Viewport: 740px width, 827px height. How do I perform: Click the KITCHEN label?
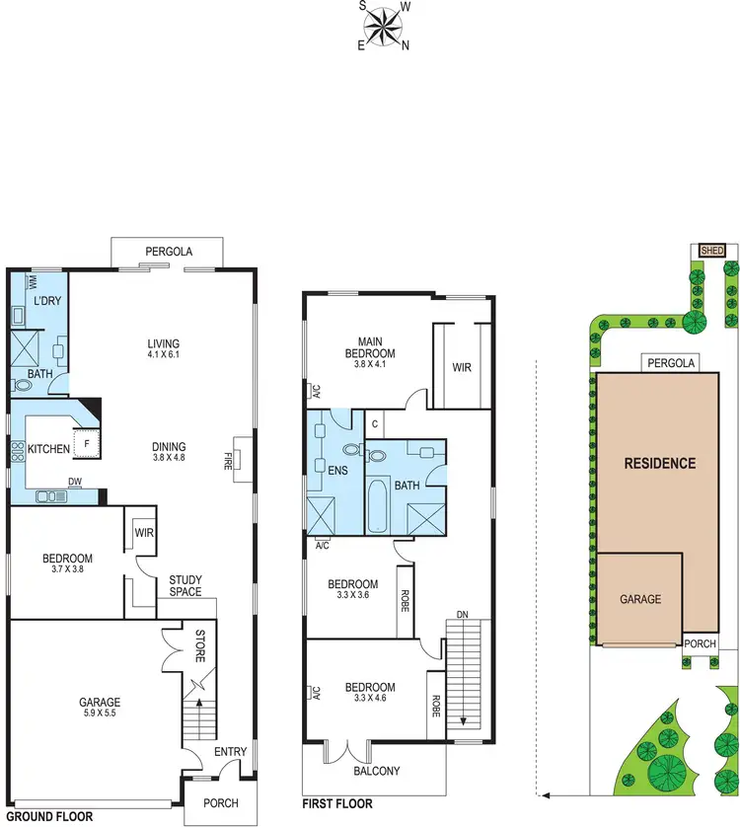click(x=48, y=449)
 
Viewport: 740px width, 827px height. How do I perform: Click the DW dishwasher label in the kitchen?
click(x=75, y=482)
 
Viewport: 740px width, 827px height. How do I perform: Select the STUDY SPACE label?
click(x=185, y=586)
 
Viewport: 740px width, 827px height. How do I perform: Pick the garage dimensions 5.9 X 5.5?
click(x=101, y=715)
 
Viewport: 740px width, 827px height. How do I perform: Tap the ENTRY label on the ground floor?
click(x=231, y=752)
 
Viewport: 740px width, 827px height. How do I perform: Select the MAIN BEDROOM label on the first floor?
click(x=370, y=346)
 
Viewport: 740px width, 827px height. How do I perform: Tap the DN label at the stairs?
click(x=460, y=616)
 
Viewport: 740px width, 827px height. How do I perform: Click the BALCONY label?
click(x=376, y=771)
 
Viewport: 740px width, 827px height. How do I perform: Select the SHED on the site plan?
click(x=711, y=251)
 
